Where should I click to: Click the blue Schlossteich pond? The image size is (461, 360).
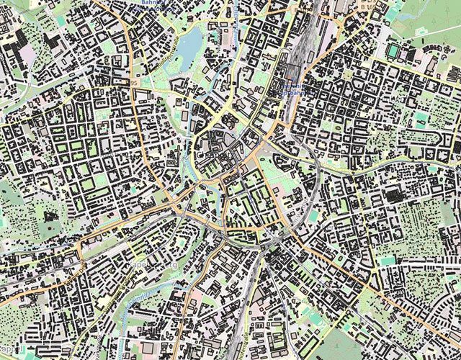click(x=189, y=49)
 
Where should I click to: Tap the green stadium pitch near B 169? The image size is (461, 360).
click(x=393, y=51)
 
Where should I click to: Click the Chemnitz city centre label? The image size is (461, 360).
click(x=209, y=153)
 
